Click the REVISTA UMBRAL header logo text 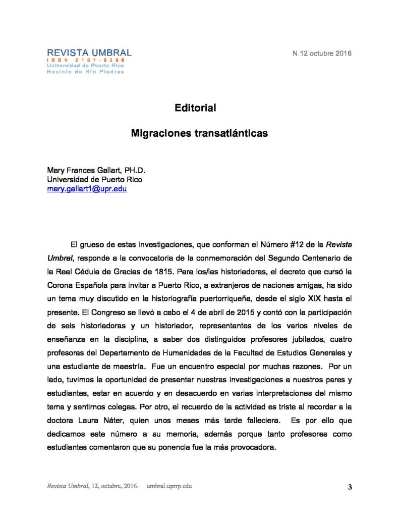click(x=89, y=53)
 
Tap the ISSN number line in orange click(x=86, y=60)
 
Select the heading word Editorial click(x=195, y=108)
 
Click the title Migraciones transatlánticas click(x=199, y=134)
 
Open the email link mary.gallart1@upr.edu click(x=87, y=189)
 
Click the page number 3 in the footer click(x=350, y=487)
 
